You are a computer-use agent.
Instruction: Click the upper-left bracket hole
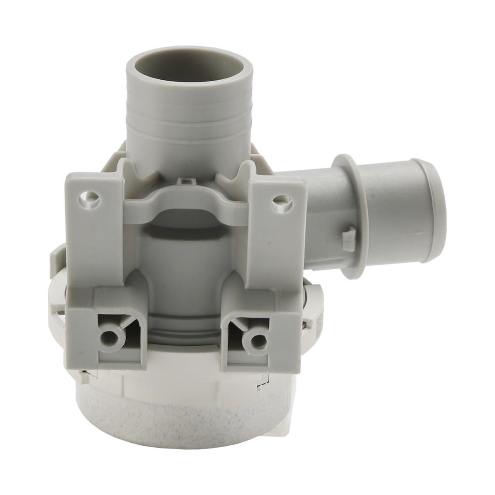88,197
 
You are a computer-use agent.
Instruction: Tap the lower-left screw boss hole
110,335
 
